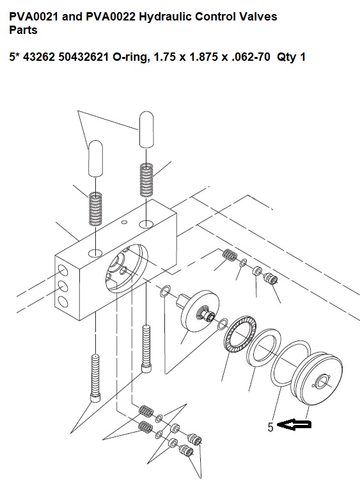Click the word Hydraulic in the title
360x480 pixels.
[x=165, y=17]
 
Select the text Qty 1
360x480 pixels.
[x=291, y=57]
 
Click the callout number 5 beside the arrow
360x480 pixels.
[x=270, y=427]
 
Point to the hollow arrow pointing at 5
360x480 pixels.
[x=294, y=424]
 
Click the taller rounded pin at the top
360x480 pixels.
[x=146, y=129]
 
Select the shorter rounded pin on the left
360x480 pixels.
[x=95, y=159]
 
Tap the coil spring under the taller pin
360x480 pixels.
[x=146, y=180]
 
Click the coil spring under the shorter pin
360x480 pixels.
[x=95, y=208]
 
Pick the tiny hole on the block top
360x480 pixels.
[x=124, y=221]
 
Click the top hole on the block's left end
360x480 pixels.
[x=63, y=271]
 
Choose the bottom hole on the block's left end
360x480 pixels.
[x=63, y=302]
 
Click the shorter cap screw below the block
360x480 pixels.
[x=146, y=349]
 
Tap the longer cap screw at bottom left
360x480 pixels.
[x=95, y=378]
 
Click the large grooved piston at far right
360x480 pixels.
[x=318, y=378]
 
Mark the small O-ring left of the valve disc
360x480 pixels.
[x=165, y=291]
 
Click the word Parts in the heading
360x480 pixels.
[x=23, y=30]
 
